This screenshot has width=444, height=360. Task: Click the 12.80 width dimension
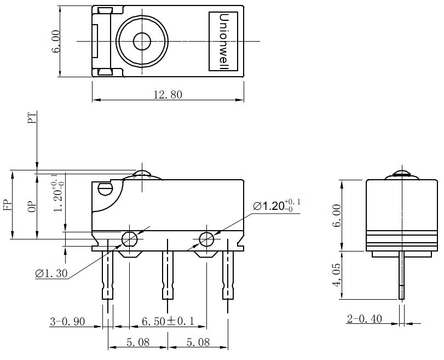168,94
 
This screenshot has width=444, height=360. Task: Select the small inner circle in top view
142,42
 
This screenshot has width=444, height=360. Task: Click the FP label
8,205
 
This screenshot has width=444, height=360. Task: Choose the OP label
32,207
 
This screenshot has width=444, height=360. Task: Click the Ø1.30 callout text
51,273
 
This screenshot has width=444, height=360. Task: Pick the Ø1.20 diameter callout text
276,205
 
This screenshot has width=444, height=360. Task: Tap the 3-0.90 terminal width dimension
67,322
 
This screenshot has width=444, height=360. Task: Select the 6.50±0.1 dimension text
168,321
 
